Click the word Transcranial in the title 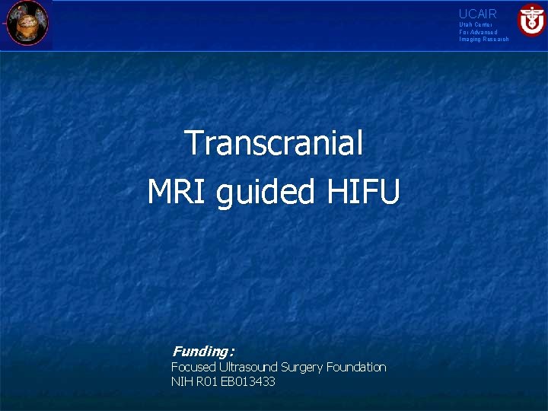click(273, 143)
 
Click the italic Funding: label click(202, 352)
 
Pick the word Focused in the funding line click(193, 367)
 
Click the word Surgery click(302, 368)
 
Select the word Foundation click(356, 367)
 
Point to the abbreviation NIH click(182, 381)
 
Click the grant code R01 click(208, 381)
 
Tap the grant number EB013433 click(249, 381)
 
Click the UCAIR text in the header click(477, 14)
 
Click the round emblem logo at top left click(27, 23)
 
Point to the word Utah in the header click(465, 25)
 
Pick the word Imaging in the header click(470, 39)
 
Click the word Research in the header click(495, 39)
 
